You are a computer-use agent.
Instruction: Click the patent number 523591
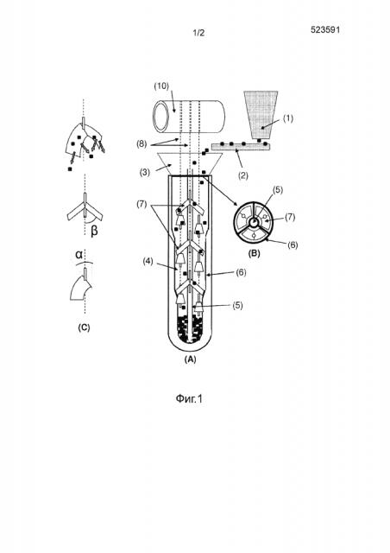(324, 29)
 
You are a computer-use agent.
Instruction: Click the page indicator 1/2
(198, 33)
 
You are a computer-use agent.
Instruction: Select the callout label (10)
(161, 86)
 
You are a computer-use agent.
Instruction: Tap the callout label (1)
(288, 118)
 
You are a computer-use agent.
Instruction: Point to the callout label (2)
(243, 175)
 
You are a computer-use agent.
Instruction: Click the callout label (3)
(144, 173)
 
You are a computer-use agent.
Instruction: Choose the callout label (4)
(148, 262)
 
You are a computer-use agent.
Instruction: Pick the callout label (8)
(142, 144)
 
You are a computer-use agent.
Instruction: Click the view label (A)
(190, 359)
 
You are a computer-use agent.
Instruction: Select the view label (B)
(254, 253)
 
